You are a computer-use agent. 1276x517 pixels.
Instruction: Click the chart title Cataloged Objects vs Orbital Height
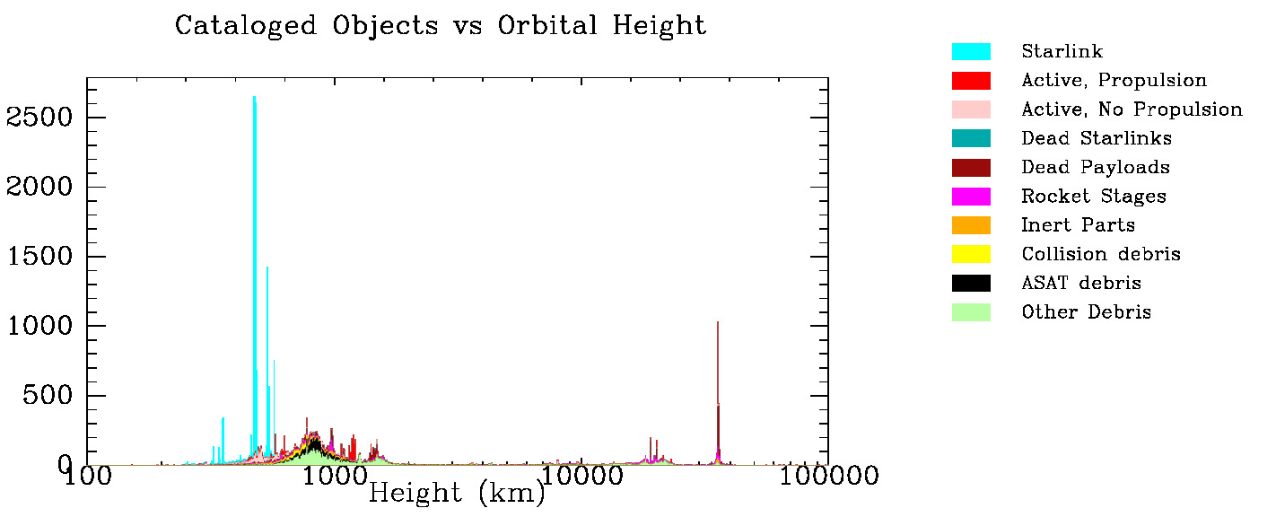click(x=441, y=25)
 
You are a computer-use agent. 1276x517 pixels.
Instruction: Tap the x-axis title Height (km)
click(x=456, y=492)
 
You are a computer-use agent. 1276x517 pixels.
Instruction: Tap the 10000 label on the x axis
click(x=581, y=476)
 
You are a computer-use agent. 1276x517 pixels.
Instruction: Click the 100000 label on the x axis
click(x=827, y=476)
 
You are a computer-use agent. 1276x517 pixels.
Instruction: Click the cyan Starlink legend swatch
click(x=971, y=52)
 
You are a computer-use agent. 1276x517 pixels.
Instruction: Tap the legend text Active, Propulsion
click(x=1114, y=81)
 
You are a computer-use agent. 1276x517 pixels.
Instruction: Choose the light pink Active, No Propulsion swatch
click(x=971, y=110)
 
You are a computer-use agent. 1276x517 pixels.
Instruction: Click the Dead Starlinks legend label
click(x=1096, y=138)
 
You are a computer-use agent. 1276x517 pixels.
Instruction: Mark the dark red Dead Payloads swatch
click(x=971, y=167)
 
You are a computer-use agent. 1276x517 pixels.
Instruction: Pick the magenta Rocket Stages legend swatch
click(x=971, y=196)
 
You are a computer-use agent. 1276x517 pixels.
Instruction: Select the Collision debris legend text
click(x=1100, y=254)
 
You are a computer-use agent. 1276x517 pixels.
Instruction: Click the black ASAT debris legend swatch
click(x=971, y=283)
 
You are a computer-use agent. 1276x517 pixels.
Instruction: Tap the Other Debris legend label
click(x=1086, y=312)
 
